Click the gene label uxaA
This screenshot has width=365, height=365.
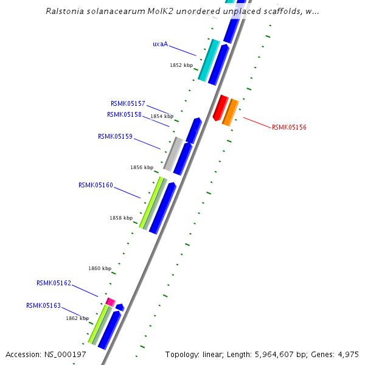tap(160, 44)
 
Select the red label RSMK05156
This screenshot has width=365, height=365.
tap(289, 128)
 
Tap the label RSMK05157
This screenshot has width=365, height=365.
tap(128, 104)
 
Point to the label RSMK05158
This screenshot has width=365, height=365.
tap(124, 114)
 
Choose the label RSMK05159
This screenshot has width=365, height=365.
tap(115, 137)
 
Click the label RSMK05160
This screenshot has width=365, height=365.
tap(96, 186)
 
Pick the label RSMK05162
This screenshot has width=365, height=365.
tap(54, 283)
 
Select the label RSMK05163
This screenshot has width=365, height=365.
tap(43, 306)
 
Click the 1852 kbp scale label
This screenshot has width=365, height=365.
tap(181, 65)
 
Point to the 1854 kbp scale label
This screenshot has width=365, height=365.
tap(162, 116)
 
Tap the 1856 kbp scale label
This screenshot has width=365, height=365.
tap(141, 167)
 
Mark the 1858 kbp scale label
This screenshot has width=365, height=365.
tap(121, 218)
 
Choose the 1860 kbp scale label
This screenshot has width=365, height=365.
tap(100, 268)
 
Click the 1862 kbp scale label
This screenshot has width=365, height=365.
tap(77, 318)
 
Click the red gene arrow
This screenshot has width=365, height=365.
tap(220, 108)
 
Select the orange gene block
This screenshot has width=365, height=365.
tap(230, 113)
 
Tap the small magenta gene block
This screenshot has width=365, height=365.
tap(110, 302)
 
